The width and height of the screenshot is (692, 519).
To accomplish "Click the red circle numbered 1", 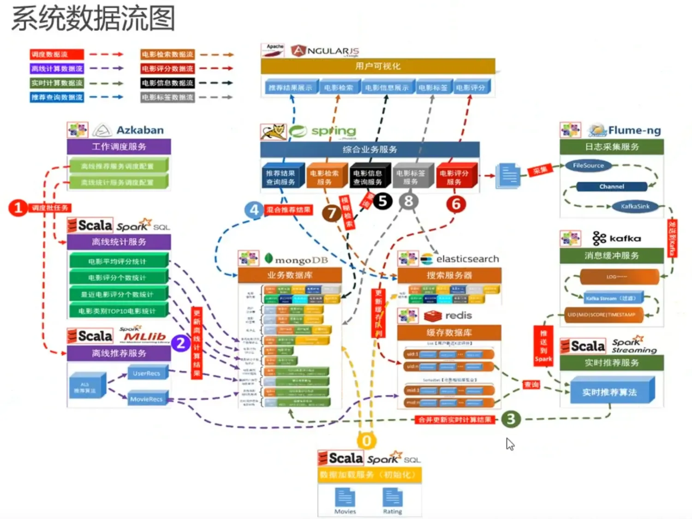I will [18, 208].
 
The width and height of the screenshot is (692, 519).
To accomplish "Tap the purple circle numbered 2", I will [181, 343].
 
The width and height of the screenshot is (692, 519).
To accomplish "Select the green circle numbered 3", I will [510, 419].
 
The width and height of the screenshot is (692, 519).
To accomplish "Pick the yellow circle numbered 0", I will [367, 441].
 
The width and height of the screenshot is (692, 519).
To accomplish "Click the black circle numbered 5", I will [382, 201].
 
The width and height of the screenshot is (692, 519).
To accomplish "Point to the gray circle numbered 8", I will [409, 201].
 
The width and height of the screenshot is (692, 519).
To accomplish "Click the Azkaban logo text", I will [140, 130].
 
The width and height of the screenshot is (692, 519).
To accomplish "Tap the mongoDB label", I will [301, 260].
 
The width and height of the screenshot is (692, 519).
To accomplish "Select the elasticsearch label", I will [467, 259].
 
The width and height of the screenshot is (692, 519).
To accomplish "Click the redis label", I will [458, 316].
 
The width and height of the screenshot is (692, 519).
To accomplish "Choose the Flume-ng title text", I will [634, 131].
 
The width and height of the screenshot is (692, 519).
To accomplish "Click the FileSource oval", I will [588, 166].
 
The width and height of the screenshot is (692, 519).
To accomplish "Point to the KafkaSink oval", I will [635, 206].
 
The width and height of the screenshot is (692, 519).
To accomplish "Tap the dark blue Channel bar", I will [612, 186].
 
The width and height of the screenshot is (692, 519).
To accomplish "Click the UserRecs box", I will [147, 373].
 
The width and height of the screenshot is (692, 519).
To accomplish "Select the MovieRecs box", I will [146, 399].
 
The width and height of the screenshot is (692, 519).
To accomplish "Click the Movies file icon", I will [345, 498].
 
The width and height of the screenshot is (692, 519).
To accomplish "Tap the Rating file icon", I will [393, 498].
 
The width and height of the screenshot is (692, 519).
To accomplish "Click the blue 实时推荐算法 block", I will [610, 392].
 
